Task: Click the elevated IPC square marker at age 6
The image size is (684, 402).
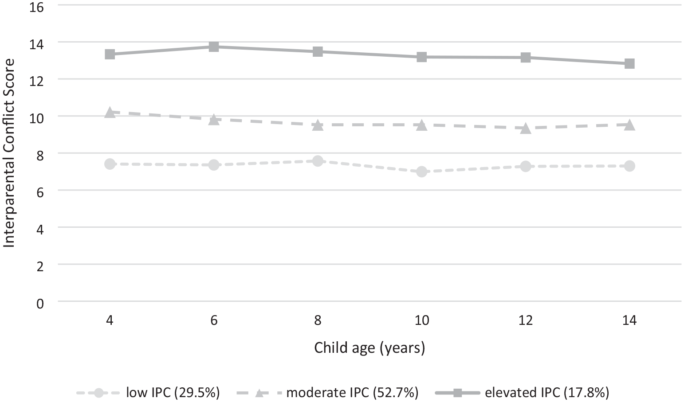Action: click(x=214, y=47)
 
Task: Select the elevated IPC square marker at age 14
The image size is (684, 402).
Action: click(x=629, y=64)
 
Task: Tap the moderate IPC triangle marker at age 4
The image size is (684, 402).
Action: click(x=110, y=113)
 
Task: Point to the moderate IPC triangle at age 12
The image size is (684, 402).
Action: click(x=526, y=128)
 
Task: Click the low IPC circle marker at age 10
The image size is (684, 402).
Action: click(x=422, y=172)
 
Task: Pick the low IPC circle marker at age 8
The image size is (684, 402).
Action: click(x=318, y=161)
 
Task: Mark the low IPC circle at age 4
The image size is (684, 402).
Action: click(x=110, y=164)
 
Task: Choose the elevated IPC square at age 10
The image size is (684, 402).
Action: click(x=422, y=57)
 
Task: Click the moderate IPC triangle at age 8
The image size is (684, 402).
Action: click(x=318, y=125)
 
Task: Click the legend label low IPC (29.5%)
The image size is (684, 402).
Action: click(x=173, y=393)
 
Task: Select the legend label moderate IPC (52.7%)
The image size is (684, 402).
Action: click(x=352, y=393)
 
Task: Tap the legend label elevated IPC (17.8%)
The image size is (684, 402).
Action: click(x=547, y=393)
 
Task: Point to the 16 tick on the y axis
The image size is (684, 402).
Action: click(x=36, y=7)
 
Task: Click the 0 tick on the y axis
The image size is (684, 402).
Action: click(x=40, y=304)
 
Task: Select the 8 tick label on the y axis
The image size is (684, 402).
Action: click(x=40, y=155)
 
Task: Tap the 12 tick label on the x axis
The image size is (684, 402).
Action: click(x=526, y=320)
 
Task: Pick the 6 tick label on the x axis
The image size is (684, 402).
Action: click(x=214, y=320)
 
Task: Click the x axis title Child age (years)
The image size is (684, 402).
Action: click(x=370, y=348)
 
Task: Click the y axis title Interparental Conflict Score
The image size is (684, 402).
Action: click(x=9, y=153)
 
